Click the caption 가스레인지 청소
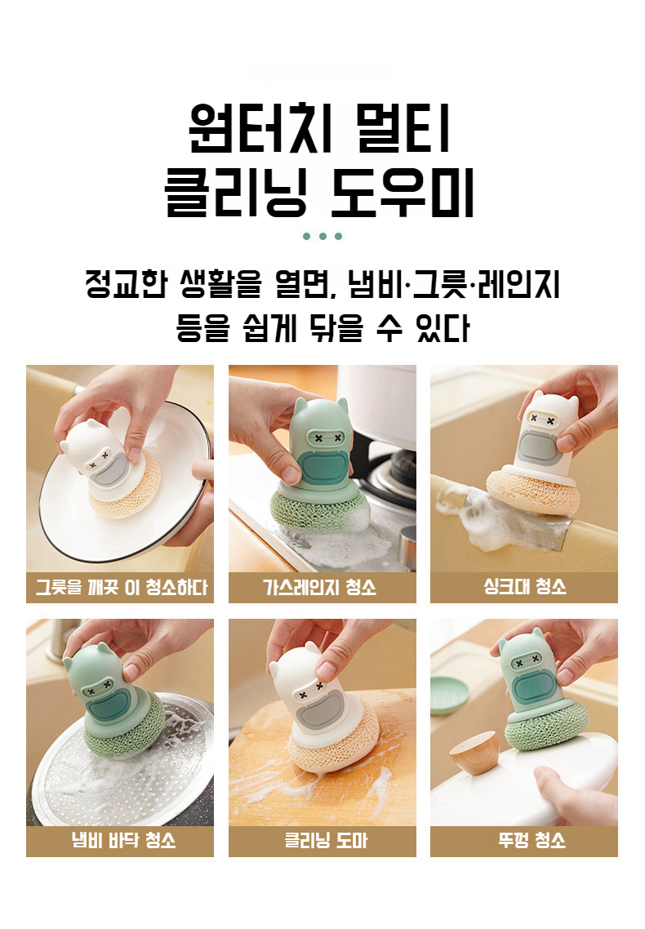(320, 587)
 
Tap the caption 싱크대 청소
(525, 587)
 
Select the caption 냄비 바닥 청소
(124, 840)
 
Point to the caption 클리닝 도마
(327, 840)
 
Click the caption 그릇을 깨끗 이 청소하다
(122, 587)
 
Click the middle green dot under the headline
(322, 236)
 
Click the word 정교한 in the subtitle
(127, 284)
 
